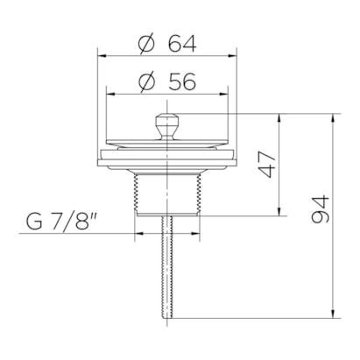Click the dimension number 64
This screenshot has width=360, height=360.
tap(182, 44)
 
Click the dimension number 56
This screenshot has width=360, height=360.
tap(181, 81)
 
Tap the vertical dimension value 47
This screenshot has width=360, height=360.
tap(267, 165)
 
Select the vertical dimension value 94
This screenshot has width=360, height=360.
tap(321, 209)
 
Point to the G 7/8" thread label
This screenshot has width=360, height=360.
tap(62, 222)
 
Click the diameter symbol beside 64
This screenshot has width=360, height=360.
tap(146, 44)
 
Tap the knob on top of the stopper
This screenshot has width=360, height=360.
tap(166, 126)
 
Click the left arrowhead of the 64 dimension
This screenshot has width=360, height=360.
tap(102, 55)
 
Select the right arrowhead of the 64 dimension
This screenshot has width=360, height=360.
tap(232, 55)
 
